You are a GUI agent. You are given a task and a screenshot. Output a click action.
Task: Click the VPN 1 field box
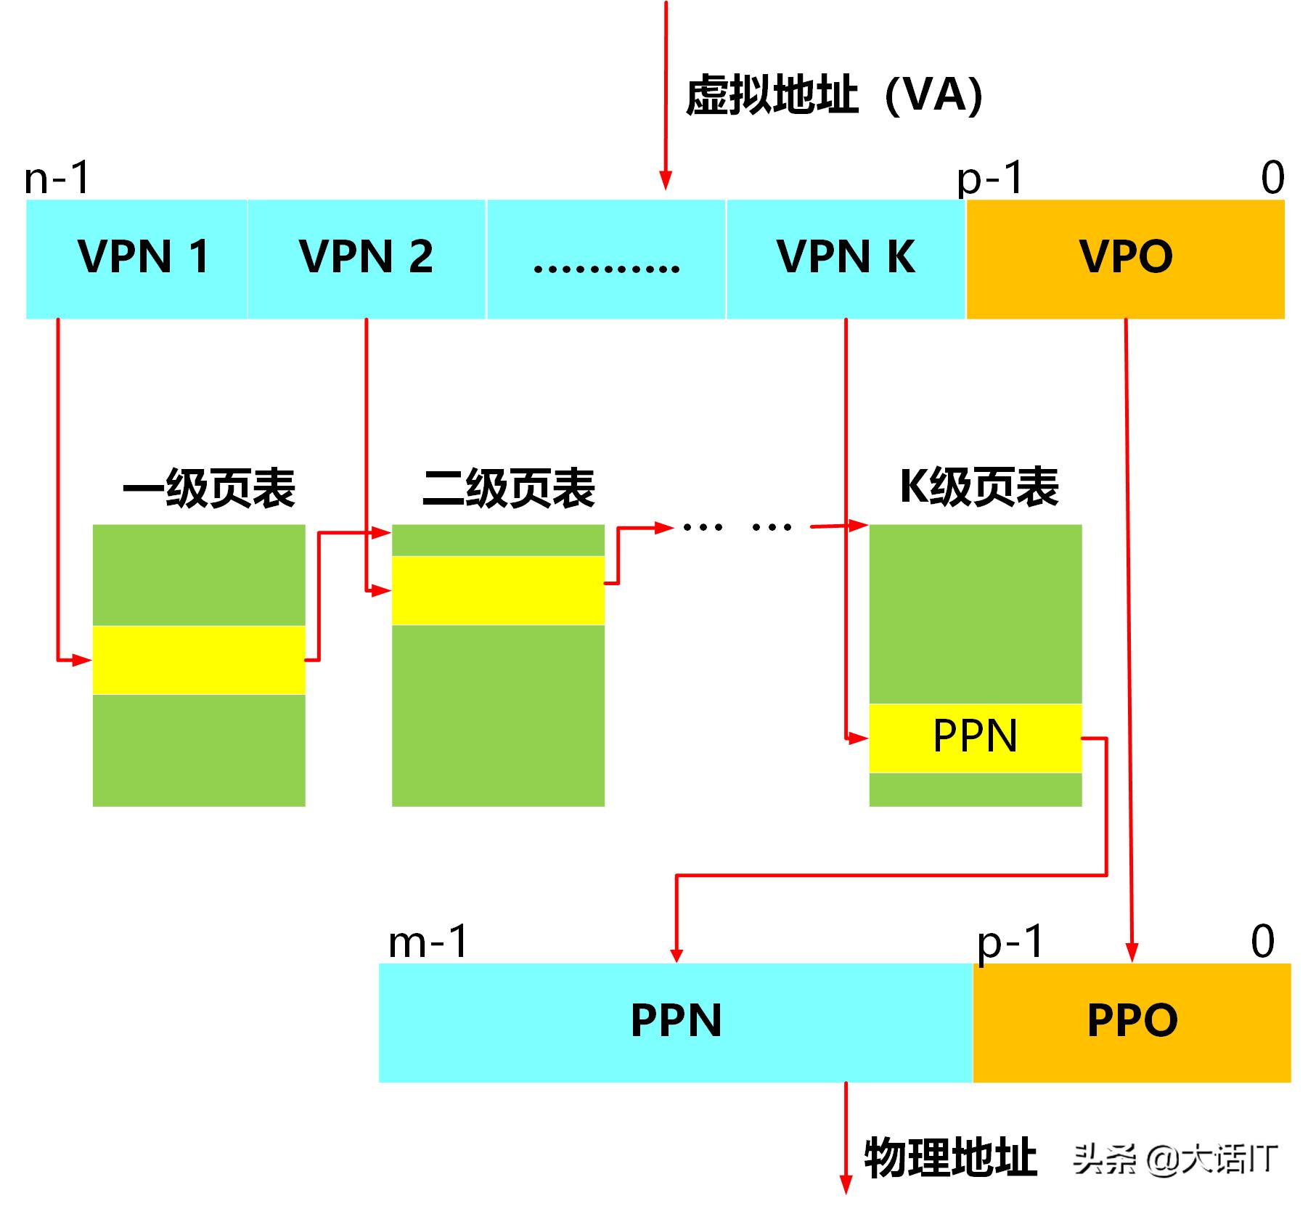tap(136, 258)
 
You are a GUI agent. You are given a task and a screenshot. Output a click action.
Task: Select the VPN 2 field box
tap(366, 258)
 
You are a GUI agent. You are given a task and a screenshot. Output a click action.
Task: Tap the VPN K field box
tap(846, 258)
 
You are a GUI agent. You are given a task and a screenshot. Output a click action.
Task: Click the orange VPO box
tap(1125, 258)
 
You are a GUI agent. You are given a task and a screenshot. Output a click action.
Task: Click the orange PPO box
tap(1132, 1022)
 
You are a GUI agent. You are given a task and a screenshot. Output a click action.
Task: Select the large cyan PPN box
tap(675, 1022)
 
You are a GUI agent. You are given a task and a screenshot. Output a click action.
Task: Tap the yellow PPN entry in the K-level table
tap(975, 738)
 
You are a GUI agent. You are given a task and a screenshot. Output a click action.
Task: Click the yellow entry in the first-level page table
tap(199, 660)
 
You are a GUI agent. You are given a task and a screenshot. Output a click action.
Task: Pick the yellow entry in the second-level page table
tap(498, 590)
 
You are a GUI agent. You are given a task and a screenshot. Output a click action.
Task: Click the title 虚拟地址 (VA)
tap(833, 96)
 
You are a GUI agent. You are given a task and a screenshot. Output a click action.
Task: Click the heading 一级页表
tap(209, 488)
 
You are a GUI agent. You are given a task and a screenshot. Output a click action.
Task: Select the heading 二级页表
tap(508, 488)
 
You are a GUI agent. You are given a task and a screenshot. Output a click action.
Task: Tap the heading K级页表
tap(978, 486)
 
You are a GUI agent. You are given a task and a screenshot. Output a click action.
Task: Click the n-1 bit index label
tap(57, 178)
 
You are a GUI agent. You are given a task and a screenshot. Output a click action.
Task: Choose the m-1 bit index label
tap(428, 942)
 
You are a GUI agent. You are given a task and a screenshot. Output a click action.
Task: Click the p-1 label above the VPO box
tap(990, 178)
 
